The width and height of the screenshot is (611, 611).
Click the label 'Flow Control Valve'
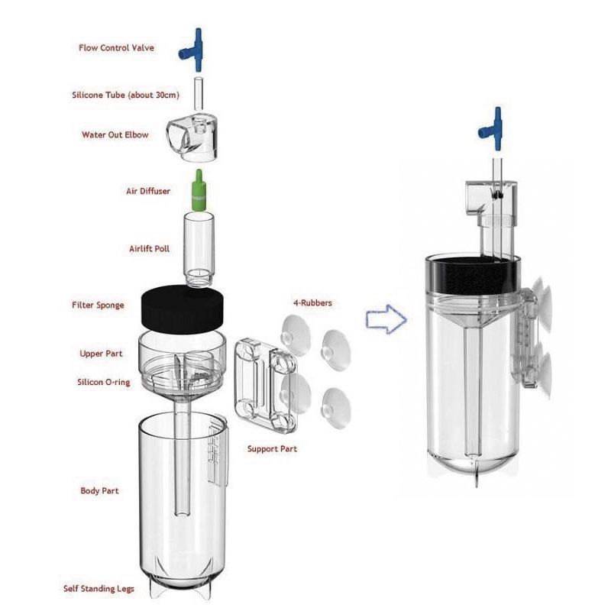coord(116,48)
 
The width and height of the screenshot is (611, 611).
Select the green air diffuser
coord(198,191)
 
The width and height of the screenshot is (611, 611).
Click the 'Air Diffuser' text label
coord(148,191)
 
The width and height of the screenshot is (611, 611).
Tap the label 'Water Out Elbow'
coord(115,135)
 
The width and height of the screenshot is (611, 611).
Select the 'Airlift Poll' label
coord(149,249)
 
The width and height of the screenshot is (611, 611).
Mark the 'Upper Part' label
coord(102,354)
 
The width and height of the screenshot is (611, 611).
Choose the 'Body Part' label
coord(99,490)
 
